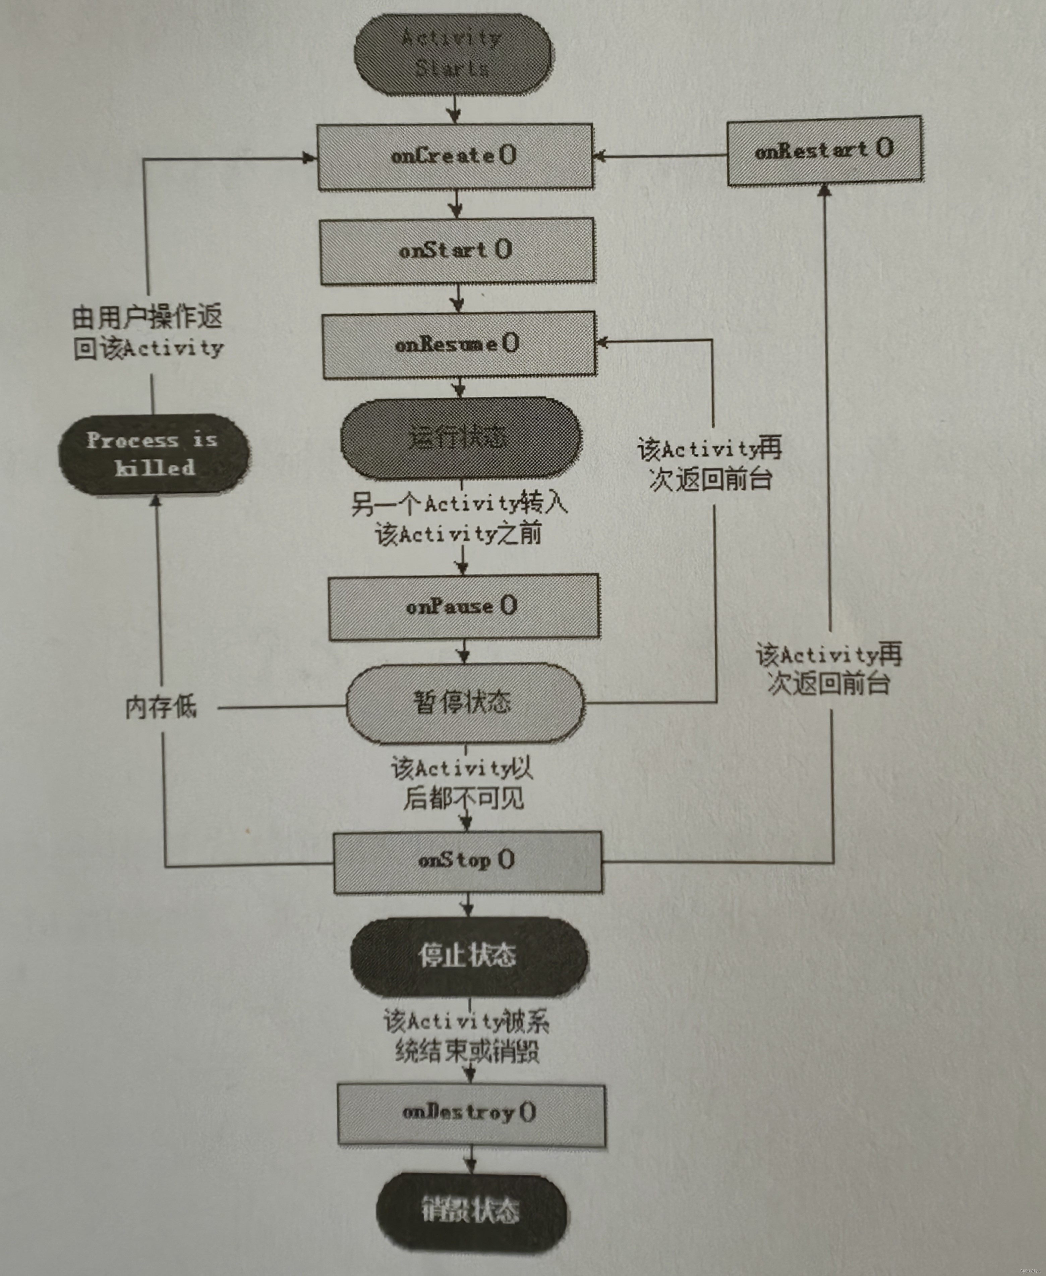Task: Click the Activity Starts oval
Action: pyautogui.click(x=453, y=54)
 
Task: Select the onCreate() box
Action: pyautogui.click(x=455, y=157)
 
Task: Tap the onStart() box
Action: pyautogui.click(x=457, y=251)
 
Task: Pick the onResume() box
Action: pyautogui.click(x=459, y=345)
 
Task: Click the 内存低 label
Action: pyautogui.click(x=161, y=707)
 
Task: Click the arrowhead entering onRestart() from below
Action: pyautogui.click(x=824, y=190)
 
